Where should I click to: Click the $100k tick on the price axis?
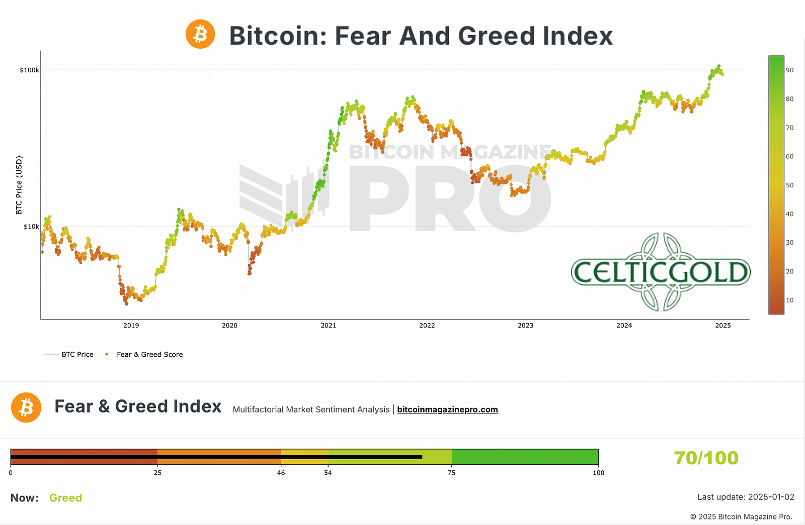click(29, 70)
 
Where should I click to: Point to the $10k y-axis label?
click(31, 227)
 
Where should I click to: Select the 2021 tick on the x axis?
click(329, 326)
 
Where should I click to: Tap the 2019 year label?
click(131, 326)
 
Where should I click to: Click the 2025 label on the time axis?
click(723, 326)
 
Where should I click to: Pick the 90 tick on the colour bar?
click(790, 70)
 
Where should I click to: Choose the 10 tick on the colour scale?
click(790, 300)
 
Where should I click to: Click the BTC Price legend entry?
click(77, 355)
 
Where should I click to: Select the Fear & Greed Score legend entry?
click(149, 355)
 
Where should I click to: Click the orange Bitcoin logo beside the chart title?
click(200, 34)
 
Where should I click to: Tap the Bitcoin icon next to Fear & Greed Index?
click(26, 407)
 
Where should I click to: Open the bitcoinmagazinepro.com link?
click(447, 410)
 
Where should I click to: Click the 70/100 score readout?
click(706, 458)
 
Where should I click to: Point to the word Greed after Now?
click(65, 498)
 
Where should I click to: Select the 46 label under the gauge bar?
click(281, 473)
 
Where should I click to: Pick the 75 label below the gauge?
click(452, 473)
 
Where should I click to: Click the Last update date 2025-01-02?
click(771, 497)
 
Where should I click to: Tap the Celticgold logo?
click(661, 272)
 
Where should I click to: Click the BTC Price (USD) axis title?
click(19, 185)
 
